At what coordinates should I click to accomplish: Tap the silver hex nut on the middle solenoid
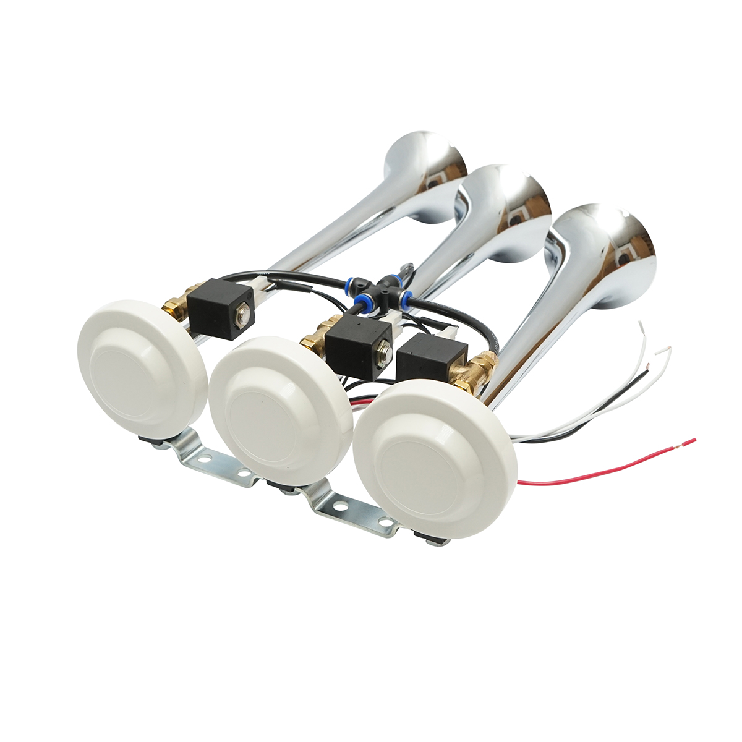click(x=385, y=354)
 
